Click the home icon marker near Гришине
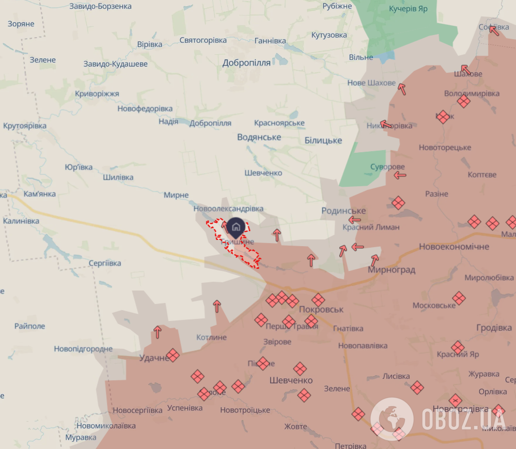pos(236,227)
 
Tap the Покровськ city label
pos(321,309)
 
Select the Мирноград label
pos(392,270)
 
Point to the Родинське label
pos(343,211)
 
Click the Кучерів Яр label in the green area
pos(409,9)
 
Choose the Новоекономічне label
pos(454,247)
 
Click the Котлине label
pos(211,338)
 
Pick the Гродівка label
pos(494,328)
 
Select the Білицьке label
pos(323,140)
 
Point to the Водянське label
pos(259,137)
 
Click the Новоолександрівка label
pos(228,209)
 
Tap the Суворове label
pos(387,167)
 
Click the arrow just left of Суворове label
pos(400,175)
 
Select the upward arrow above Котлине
pos(217,306)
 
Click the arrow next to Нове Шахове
pos(402,89)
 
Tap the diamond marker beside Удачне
pos(173,355)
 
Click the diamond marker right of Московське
pos(459,298)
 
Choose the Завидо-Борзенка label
pos(101,6)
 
